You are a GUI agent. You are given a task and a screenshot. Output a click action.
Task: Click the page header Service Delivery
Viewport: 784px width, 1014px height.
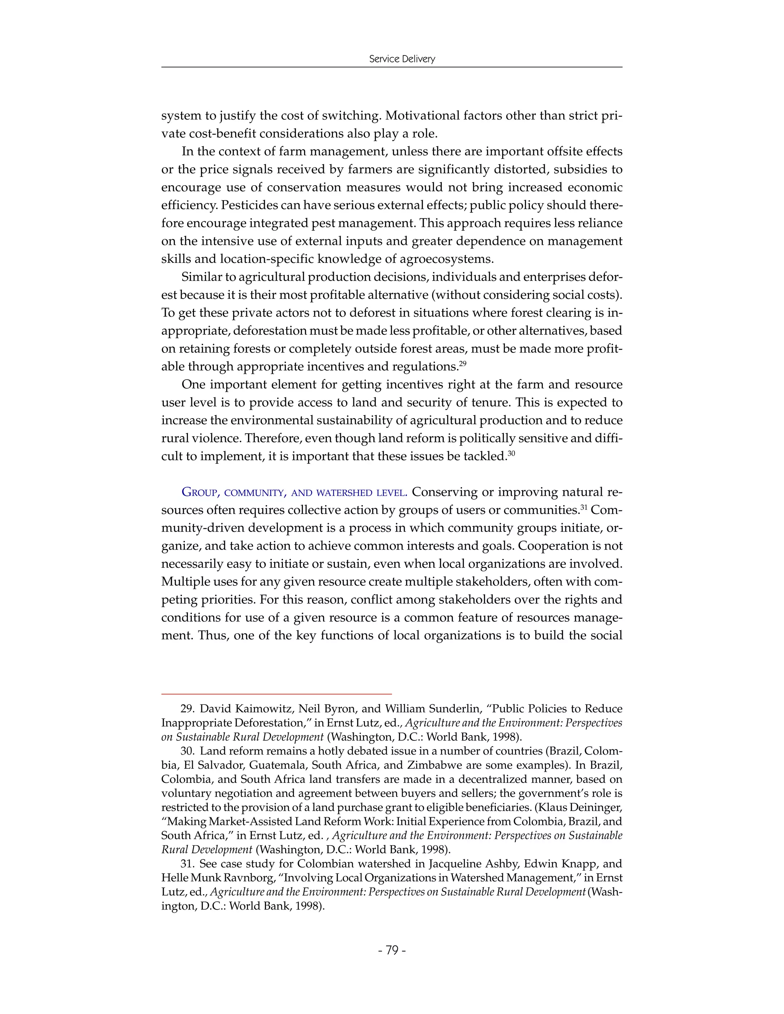pos(402,59)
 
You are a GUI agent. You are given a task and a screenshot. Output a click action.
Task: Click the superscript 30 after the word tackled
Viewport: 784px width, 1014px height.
pos(511,453)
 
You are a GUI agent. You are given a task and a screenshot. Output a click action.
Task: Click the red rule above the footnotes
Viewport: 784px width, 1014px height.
pos(276,694)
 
